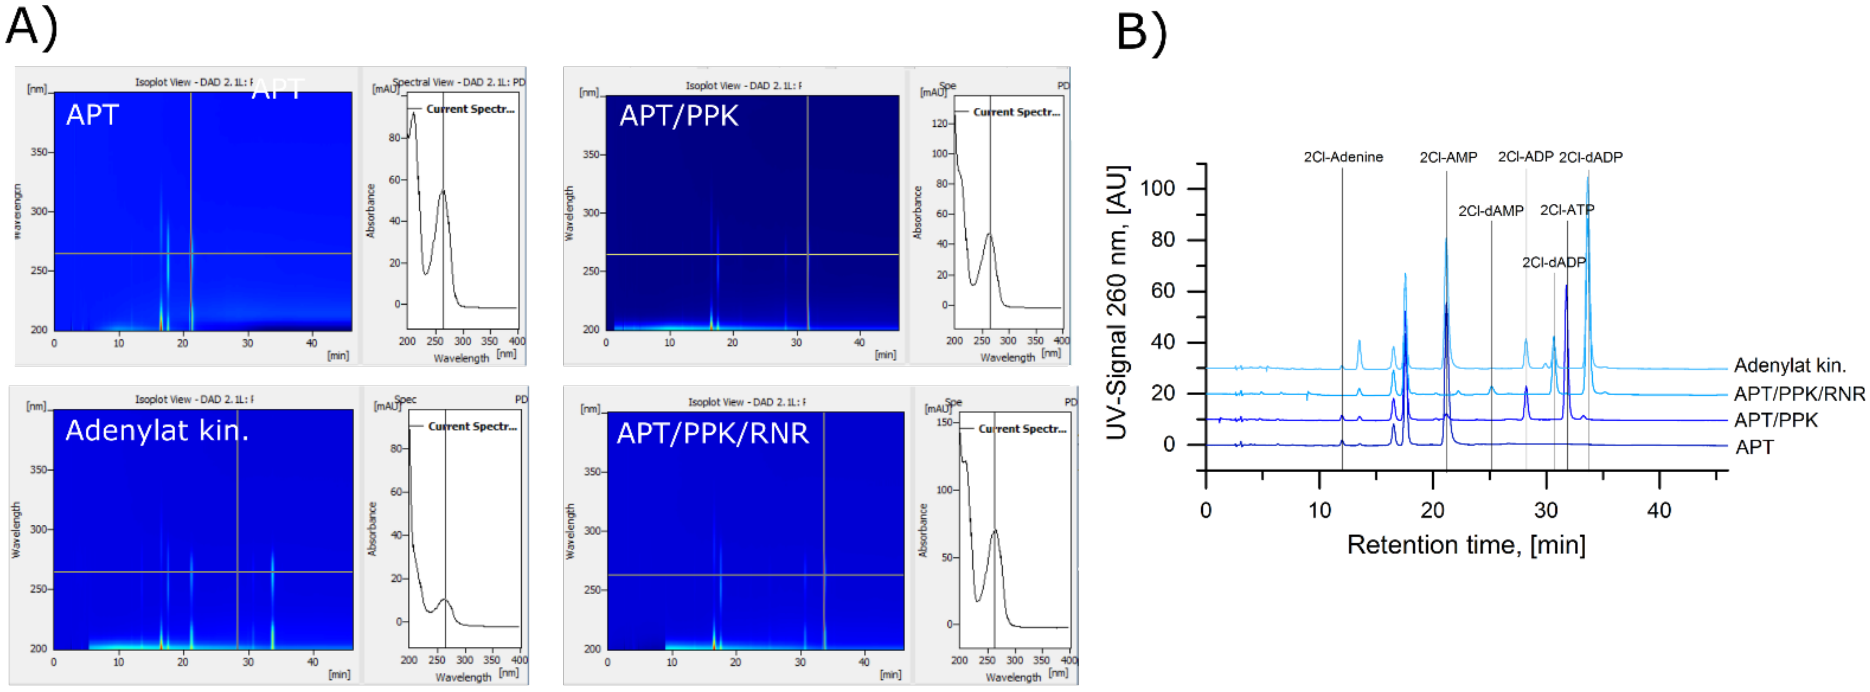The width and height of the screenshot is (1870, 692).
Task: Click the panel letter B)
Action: click(1141, 33)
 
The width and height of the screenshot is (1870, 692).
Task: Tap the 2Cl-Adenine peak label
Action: click(1343, 157)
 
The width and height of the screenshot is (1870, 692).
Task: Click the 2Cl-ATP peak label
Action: click(1567, 210)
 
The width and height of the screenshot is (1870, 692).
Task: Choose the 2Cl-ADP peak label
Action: click(1525, 157)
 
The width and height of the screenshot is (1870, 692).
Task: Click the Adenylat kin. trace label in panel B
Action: click(1790, 365)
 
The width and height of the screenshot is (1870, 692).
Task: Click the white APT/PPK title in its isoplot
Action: click(678, 116)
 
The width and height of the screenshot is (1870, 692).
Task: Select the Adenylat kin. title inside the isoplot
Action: click(157, 431)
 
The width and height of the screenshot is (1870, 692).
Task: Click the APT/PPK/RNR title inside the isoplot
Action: click(712, 433)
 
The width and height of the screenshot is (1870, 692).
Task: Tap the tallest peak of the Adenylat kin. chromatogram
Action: click(1587, 179)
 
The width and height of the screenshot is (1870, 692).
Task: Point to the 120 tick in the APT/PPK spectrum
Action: click(939, 123)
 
